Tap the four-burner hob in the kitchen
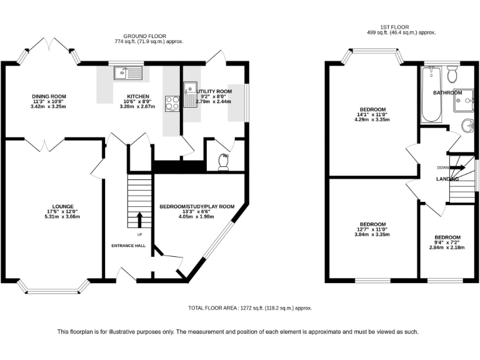[x=171, y=102]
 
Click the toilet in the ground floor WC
[x=223, y=161]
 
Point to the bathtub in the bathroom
[x=431, y=94]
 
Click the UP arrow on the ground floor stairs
[x=139, y=219]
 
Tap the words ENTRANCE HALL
[x=128, y=246]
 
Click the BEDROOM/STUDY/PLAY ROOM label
[x=196, y=207]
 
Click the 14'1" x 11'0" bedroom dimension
[x=373, y=114]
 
